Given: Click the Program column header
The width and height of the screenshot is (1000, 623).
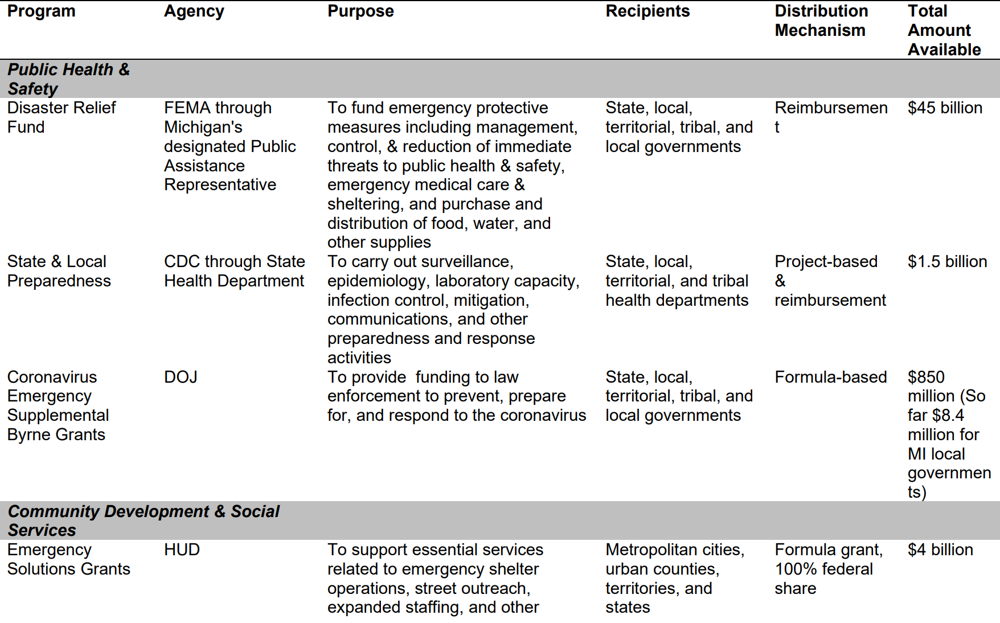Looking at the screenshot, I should click(41, 11).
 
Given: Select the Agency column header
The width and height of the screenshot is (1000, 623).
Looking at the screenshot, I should click(194, 11).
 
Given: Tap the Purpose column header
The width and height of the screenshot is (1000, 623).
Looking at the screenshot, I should click(360, 11).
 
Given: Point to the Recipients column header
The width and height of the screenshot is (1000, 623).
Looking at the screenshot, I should click(647, 11).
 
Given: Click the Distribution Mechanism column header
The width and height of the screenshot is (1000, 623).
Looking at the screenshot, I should click(821, 21).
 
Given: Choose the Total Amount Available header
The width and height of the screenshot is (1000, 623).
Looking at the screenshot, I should click(944, 30).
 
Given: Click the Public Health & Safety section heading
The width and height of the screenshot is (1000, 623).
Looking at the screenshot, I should click(68, 79).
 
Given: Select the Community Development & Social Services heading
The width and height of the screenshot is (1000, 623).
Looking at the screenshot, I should click(143, 520).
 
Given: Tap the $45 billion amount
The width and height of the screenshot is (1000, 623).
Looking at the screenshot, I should click(945, 108).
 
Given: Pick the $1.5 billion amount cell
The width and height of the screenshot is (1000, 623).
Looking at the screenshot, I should click(947, 261).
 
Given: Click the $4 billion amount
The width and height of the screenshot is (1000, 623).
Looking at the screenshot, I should click(940, 550).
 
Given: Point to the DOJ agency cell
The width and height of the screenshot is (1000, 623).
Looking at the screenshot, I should click(181, 377).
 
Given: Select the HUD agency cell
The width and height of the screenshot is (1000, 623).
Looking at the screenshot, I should click(182, 550).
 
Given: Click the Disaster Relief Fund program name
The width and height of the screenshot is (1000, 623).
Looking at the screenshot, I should click(61, 117).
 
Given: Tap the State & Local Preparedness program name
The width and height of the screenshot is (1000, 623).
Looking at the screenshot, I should click(59, 271).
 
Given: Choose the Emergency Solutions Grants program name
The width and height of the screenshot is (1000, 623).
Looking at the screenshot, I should click(68, 559).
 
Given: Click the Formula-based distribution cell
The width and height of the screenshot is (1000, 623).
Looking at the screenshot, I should click(830, 377).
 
